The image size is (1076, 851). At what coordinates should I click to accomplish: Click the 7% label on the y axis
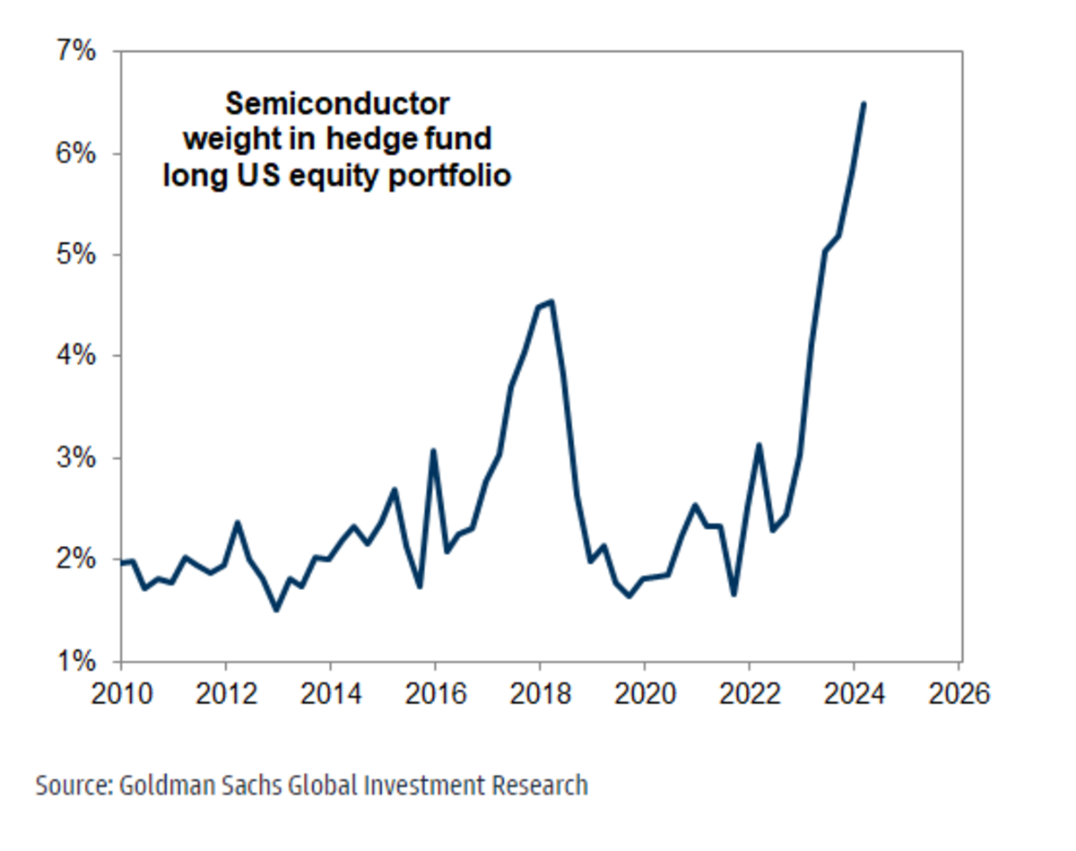click(77, 52)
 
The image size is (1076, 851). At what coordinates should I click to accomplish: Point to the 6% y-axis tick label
click(77, 153)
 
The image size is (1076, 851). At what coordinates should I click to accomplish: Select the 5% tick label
click(77, 255)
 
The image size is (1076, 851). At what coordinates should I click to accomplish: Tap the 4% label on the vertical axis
click(77, 356)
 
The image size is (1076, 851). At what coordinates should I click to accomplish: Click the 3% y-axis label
click(77, 458)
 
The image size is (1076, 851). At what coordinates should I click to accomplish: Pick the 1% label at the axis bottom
click(77, 662)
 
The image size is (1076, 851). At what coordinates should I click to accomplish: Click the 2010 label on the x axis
click(121, 695)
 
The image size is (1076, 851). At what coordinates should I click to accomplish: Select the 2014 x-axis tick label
click(330, 695)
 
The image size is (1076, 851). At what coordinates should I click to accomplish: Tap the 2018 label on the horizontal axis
click(540, 695)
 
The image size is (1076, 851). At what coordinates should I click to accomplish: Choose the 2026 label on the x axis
click(959, 695)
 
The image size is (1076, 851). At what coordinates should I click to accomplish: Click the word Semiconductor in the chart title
click(337, 104)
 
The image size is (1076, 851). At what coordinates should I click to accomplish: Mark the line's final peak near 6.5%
click(863, 104)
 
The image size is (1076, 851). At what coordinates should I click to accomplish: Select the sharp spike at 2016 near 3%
click(434, 451)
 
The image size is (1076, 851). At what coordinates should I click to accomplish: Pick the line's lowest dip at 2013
click(276, 610)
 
